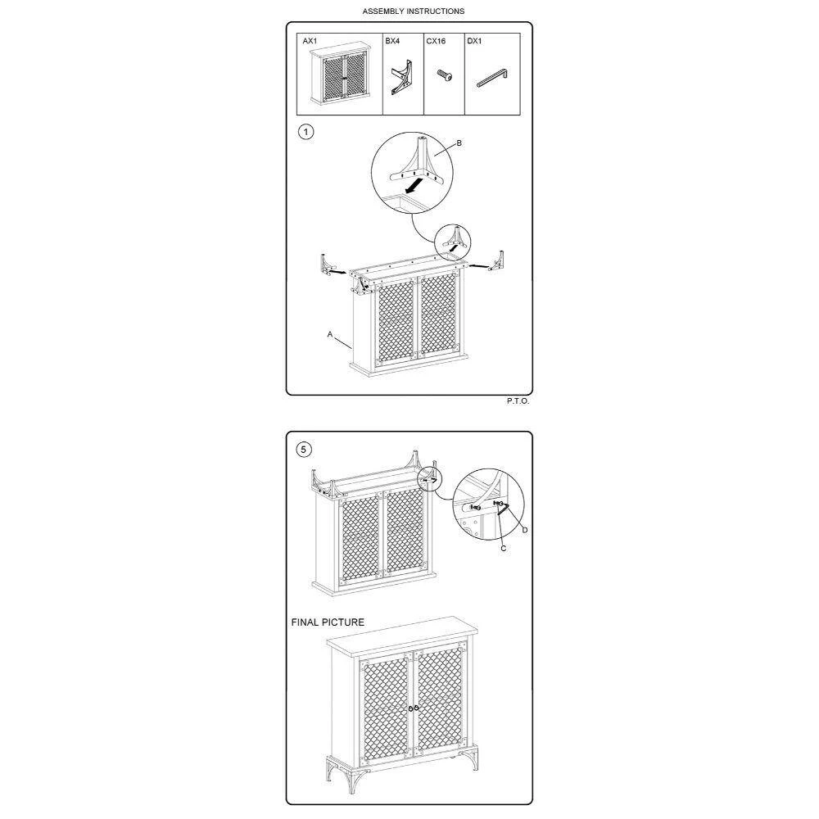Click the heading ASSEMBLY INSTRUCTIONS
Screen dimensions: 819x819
click(413, 11)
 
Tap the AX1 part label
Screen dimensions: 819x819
click(310, 41)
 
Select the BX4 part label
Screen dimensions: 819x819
click(392, 41)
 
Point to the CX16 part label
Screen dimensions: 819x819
click(436, 41)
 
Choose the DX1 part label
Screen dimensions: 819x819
click(474, 41)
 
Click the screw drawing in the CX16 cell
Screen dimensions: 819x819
click(445, 75)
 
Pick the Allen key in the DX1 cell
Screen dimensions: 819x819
click(491, 79)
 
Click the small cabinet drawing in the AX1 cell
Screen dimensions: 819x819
click(340, 75)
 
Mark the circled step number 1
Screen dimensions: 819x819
click(306, 132)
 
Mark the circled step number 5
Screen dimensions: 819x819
click(304, 449)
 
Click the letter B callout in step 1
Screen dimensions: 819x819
click(459, 143)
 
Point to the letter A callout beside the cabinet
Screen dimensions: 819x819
click(329, 334)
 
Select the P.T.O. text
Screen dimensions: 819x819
click(518, 401)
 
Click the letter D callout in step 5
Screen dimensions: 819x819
click(525, 530)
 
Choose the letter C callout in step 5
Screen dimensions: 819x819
click(504, 549)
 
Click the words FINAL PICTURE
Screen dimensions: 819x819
click(328, 622)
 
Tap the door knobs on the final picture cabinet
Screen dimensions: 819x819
click(413, 708)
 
